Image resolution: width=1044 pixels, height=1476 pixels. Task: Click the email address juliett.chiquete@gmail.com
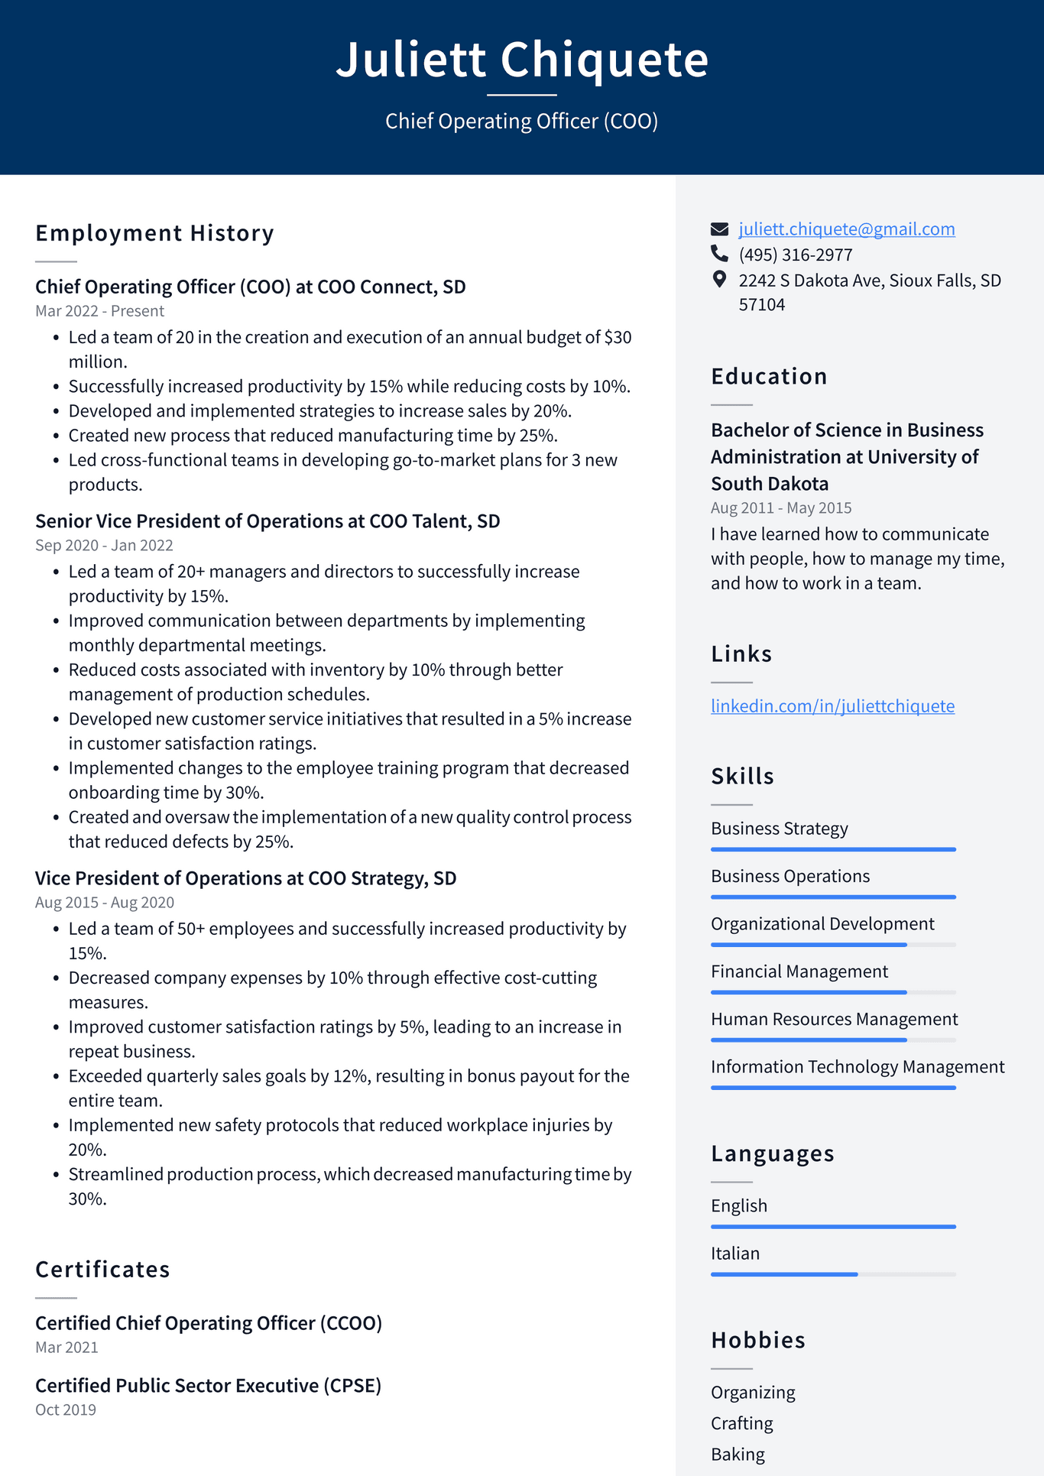(846, 229)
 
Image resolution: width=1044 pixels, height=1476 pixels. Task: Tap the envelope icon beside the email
(719, 229)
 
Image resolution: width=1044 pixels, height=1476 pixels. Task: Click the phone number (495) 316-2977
(795, 255)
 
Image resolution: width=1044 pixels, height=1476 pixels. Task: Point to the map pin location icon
(719, 280)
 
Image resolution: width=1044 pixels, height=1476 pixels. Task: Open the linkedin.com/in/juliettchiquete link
(832, 706)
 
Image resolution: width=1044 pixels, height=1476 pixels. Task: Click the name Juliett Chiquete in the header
(522, 60)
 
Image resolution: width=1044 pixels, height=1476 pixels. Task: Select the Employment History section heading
(154, 233)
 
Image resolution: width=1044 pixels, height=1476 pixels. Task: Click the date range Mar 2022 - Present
(99, 311)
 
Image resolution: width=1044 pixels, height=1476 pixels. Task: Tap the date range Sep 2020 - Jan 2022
(104, 546)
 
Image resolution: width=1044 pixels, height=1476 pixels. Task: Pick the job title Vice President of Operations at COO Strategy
(245, 878)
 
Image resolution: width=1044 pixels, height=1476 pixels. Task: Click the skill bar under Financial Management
(832, 992)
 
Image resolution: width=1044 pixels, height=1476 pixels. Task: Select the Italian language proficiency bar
(832, 1274)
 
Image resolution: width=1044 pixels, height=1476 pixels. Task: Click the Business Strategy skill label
(779, 829)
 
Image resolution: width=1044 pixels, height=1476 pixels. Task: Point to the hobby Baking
(738, 1454)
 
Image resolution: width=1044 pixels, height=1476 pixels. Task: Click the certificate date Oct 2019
(66, 1409)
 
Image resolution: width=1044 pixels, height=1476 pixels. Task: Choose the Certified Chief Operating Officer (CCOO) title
(208, 1323)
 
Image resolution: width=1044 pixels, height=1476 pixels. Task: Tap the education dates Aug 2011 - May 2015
(780, 508)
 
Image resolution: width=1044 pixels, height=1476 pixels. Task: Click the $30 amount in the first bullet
(618, 337)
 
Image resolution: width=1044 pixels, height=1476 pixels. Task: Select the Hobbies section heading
(757, 1340)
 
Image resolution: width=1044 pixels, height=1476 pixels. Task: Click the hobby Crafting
(741, 1423)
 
